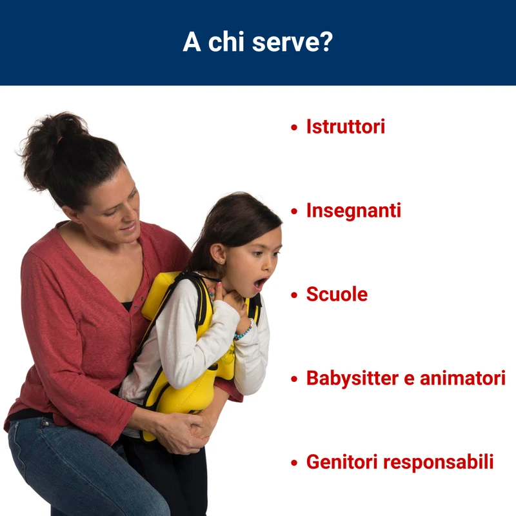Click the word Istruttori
(346, 126)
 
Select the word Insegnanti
(353, 212)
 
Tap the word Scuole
(337, 294)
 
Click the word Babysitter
(352, 379)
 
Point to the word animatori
(462, 378)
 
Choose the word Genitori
(342, 462)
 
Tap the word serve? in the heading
(293, 42)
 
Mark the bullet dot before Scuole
(294, 295)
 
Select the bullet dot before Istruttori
(294, 127)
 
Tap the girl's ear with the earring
(218, 253)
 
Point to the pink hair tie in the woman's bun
(59, 141)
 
